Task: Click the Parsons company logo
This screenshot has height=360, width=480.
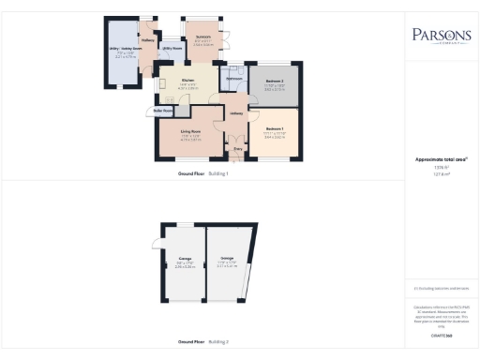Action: click(441, 38)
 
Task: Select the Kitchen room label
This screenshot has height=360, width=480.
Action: click(187, 80)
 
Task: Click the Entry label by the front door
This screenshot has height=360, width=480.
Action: click(237, 148)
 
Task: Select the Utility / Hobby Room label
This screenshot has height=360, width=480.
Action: click(125, 53)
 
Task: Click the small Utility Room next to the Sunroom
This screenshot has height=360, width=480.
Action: click(172, 47)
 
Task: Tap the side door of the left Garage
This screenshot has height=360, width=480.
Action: click(155, 245)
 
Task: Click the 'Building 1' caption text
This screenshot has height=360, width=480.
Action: click(217, 174)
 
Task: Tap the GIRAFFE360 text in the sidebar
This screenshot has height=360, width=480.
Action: click(441, 334)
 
